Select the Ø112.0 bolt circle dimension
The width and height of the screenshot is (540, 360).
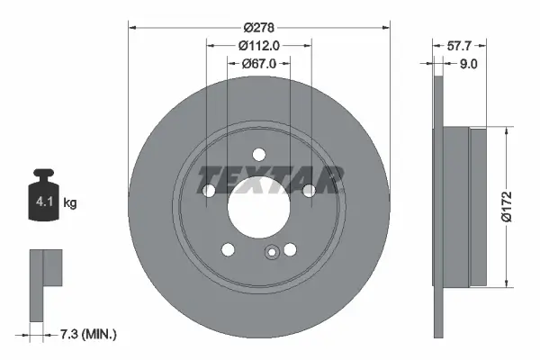point(259,46)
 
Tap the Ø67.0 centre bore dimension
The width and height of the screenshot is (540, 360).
point(259,64)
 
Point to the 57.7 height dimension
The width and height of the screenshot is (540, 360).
point(462,42)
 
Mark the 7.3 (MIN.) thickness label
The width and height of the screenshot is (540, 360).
point(87,334)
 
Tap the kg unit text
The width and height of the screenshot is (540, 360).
point(70,203)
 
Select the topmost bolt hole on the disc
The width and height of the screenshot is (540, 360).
point(258,153)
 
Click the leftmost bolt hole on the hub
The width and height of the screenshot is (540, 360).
point(208,191)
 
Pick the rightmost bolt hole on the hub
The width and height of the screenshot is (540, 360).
point(309,190)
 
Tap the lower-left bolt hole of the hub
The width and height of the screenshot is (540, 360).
point(228,249)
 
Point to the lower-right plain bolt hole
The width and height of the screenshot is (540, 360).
point(290,249)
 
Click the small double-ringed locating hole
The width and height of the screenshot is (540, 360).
point(271,253)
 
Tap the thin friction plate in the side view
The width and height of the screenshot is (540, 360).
point(439,206)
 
